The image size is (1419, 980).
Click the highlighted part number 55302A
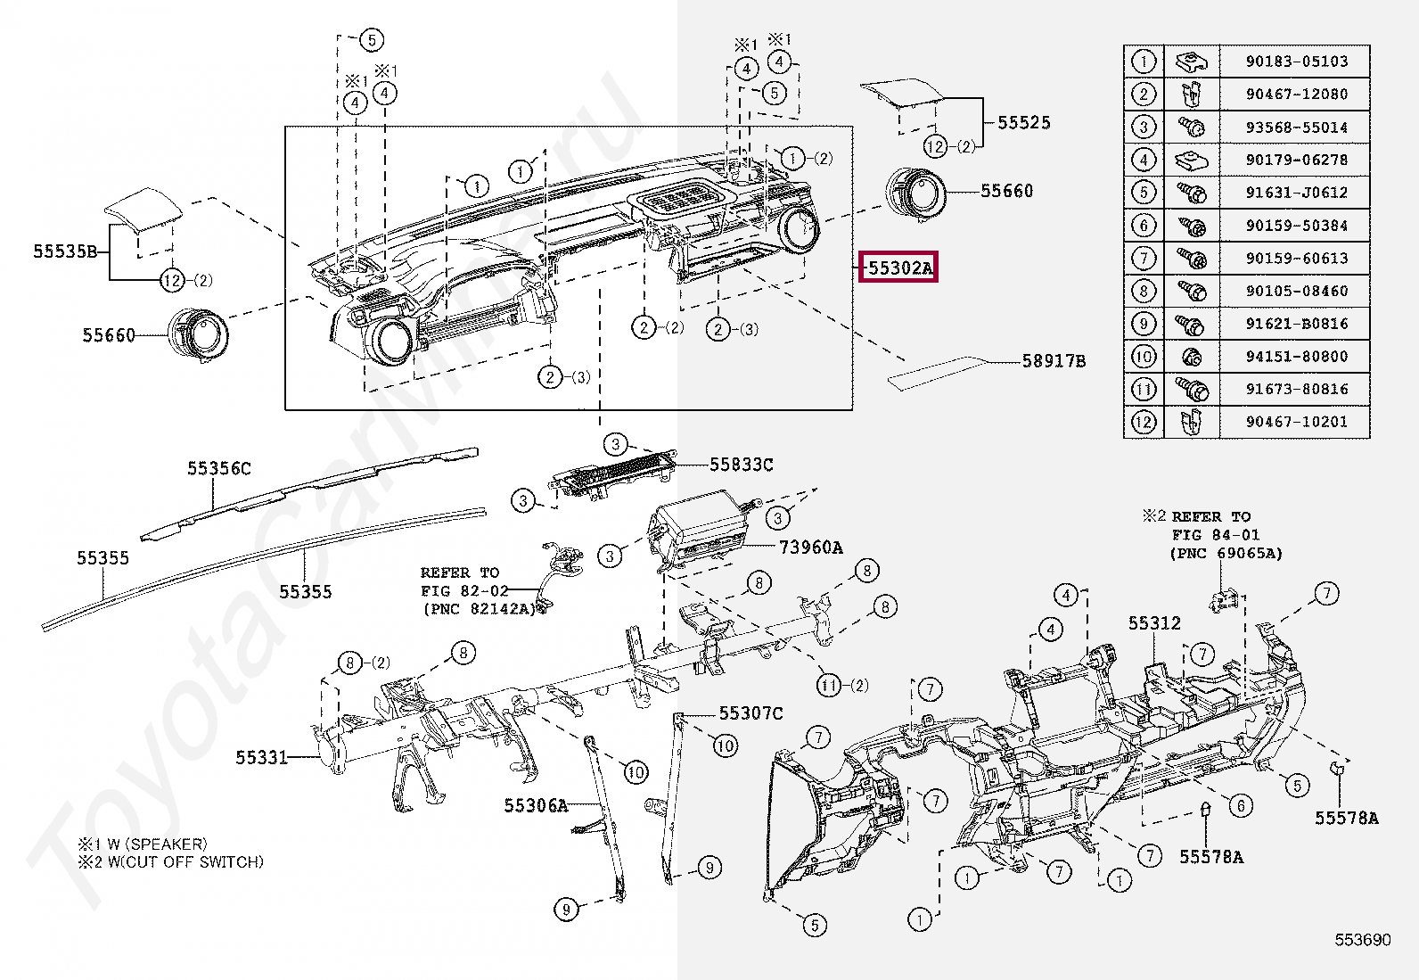tap(898, 268)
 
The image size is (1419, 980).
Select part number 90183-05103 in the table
tap(1297, 62)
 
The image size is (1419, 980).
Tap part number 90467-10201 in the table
tap(1297, 422)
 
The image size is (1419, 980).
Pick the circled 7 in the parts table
tap(1144, 259)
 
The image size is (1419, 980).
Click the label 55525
tap(1024, 123)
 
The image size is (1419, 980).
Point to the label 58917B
tap(1054, 361)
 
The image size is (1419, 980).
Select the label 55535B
tap(65, 251)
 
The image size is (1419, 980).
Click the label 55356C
tap(219, 468)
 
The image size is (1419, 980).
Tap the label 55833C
tap(742, 465)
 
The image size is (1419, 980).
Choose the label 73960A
tap(811, 548)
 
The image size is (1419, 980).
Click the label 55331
tap(262, 758)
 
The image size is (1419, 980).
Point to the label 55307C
tap(751, 713)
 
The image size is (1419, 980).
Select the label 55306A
tap(536, 806)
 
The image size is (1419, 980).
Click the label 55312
tap(1154, 623)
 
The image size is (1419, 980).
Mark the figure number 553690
tap(1362, 940)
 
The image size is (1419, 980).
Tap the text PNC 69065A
tap(1226, 554)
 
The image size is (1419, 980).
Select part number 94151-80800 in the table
tap(1297, 357)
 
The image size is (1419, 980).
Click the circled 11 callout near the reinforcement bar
tap(830, 685)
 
